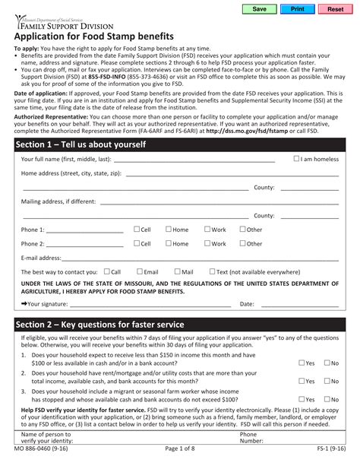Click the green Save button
[x=259, y=9]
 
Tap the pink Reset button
[x=335, y=9]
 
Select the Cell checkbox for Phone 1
[x=137, y=229]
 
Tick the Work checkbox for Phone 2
[x=207, y=244]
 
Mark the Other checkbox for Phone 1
[x=242, y=229]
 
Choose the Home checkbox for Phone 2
[x=168, y=244]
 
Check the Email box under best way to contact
[x=139, y=271]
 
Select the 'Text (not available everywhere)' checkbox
[x=212, y=271]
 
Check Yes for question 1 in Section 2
[x=301, y=363]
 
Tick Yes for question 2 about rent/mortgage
[x=301, y=381]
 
